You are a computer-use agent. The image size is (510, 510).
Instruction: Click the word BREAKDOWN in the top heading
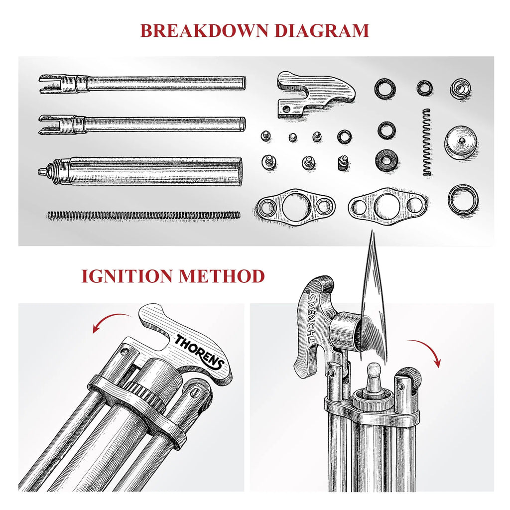coord(204,30)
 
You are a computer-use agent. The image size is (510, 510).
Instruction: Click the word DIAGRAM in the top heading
coord(322,30)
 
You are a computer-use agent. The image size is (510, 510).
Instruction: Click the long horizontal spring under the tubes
coord(144,215)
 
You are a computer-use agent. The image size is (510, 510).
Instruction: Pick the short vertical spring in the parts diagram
coord(427,142)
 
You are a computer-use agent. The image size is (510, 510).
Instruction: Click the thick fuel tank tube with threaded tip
coord(140,172)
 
